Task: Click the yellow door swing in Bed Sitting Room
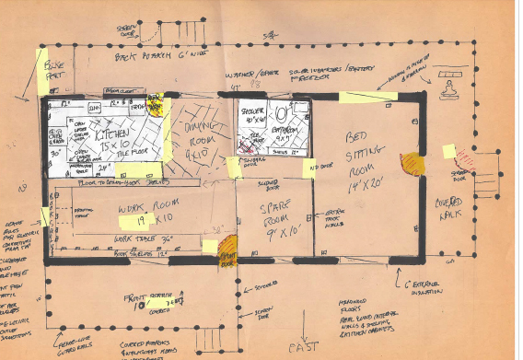click(413, 164)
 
